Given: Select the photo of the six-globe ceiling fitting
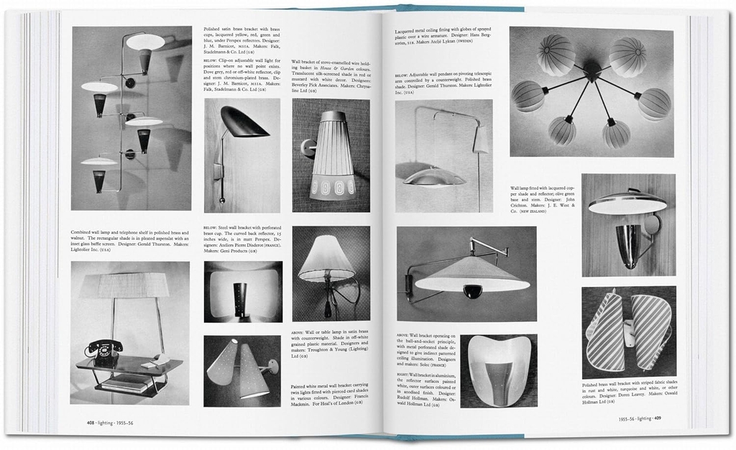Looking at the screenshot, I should pyautogui.click(x=592, y=92).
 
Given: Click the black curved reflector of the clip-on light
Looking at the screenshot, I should pyautogui.click(x=244, y=124).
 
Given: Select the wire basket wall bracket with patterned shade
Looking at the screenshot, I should pyautogui.click(x=331, y=155).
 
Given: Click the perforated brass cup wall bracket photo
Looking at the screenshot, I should pyautogui.click(x=243, y=292).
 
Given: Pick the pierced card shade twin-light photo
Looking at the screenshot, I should pyautogui.click(x=242, y=370).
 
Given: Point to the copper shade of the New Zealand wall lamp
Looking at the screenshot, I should pyautogui.click(x=627, y=204).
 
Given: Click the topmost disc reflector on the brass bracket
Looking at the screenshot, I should pyautogui.click(x=146, y=42).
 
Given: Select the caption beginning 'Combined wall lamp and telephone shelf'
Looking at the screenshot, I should pyautogui.click(x=130, y=242).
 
